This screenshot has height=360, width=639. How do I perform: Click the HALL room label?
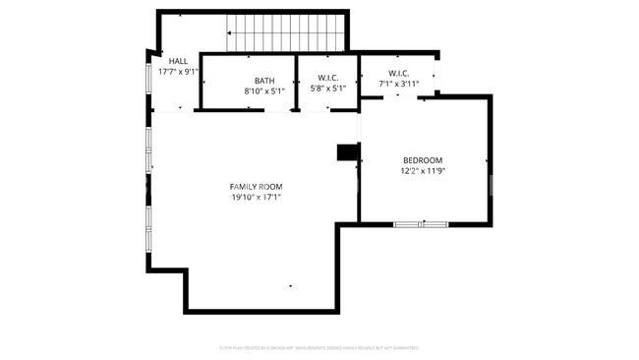coord(178,61)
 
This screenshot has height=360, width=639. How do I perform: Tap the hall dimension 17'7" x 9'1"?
coord(179,71)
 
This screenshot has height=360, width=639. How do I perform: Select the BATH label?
coord(264,81)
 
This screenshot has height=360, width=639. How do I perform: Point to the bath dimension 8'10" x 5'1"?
coord(264,91)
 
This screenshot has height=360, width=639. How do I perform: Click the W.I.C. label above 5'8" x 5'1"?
coord(328,78)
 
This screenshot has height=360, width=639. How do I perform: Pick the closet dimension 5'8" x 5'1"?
coord(328,89)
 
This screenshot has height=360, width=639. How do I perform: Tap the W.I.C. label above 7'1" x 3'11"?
coord(398,73)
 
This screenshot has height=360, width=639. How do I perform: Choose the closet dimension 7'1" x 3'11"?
coord(399,85)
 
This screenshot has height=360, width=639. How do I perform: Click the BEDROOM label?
coord(423,160)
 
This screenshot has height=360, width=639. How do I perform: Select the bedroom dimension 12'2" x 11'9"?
coord(423,171)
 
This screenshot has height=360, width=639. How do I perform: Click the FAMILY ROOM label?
coord(256,187)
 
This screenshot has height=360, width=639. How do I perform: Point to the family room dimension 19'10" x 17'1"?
coord(256,198)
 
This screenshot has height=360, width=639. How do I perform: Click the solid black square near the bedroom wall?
coord(347,152)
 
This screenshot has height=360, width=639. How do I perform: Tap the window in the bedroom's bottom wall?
coord(422,224)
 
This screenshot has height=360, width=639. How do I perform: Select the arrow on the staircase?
coord(230,33)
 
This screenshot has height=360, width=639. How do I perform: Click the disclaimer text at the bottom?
coord(319,347)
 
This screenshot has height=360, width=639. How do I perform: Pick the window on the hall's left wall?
coord(149,78)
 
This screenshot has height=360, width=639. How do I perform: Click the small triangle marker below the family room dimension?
coord(290,286)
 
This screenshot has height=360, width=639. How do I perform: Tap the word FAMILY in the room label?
coord(243,187)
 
